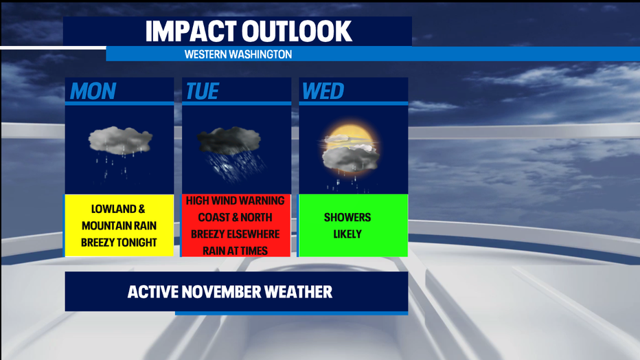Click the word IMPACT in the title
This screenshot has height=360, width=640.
click(x=191, y=32)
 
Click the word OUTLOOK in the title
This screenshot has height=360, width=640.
click(x=297, y=32)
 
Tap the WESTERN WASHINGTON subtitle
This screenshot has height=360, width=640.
click(x=238, y=54)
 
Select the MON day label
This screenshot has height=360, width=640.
click(x=93, y=91)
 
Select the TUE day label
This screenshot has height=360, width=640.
click(x=203, y=91)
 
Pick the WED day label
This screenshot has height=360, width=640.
click(x=323, y=91)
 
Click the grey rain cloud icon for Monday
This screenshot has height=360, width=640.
click(x=120, y=140)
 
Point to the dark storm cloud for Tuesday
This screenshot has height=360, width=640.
click(x=229, y=140)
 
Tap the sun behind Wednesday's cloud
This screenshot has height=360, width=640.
click(x=349, y=137)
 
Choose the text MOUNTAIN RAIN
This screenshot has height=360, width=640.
click(x=119, y=226)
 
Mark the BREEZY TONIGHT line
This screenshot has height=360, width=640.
click(x=119, y=243)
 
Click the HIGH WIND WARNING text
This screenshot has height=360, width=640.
click(x=235, y=201)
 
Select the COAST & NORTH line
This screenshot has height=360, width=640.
click(x=235, y=217)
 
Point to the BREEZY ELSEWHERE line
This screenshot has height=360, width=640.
click(x=235, y=234)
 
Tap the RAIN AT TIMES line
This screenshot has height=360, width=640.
click(x=235, y=251)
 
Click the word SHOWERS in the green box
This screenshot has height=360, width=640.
click(x=347, y=217)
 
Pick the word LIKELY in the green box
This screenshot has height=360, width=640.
click(x=347, y=234)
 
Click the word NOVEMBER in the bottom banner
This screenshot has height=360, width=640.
click(x=221, y=292)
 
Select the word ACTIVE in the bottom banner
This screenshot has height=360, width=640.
click(x=153, y=292)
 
